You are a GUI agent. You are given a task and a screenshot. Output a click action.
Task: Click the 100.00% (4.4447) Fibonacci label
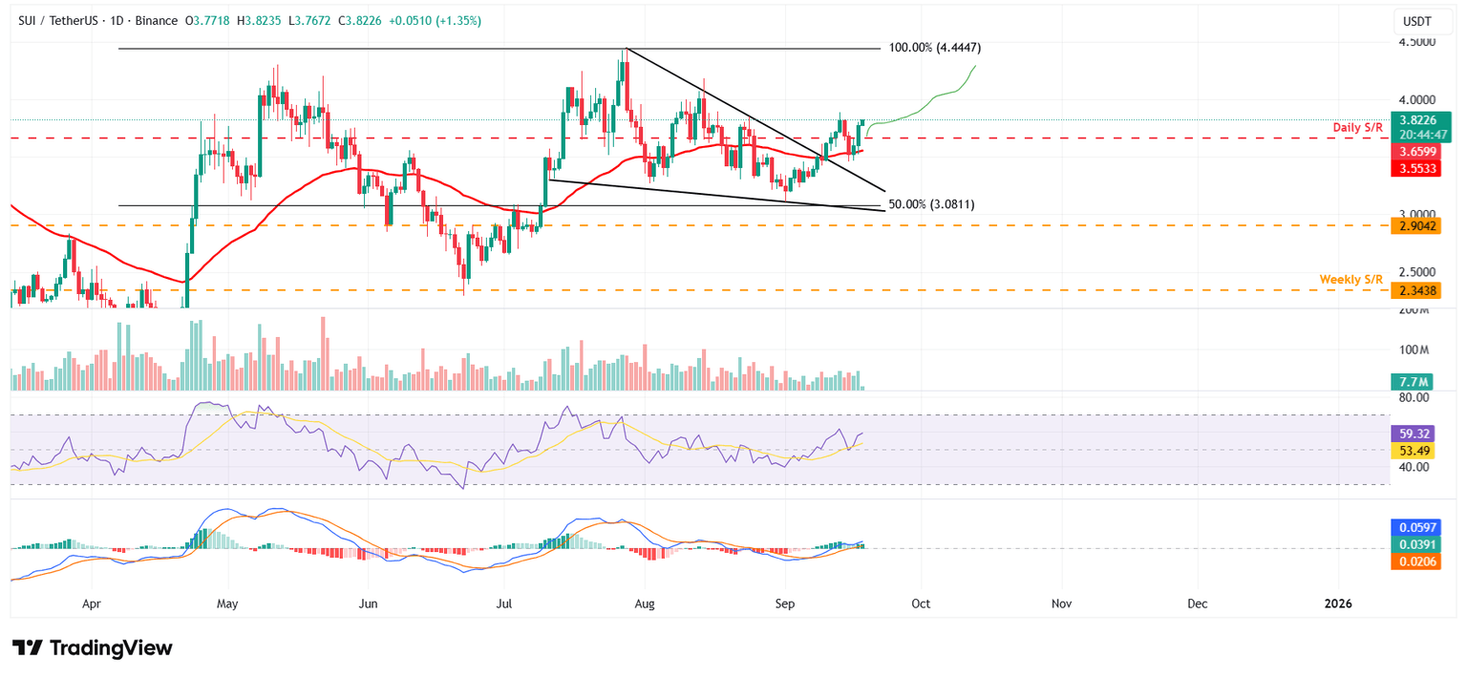(x=935, y=47)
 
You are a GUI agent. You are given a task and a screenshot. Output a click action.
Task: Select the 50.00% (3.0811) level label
(x=931, y=204)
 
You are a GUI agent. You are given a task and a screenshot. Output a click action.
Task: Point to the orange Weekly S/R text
(x=1350, y=279)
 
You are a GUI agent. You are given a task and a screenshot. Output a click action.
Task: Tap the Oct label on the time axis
(x=921, y=604)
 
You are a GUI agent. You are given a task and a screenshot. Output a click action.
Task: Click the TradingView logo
(x=93, y=647)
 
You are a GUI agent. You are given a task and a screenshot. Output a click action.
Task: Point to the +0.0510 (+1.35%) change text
(x=434, y=20)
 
